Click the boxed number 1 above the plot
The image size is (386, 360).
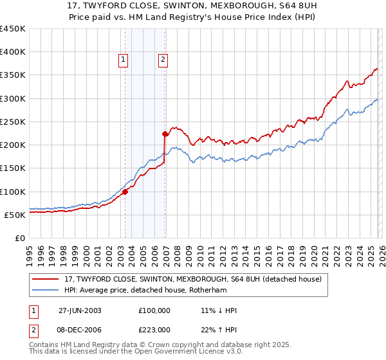click(x=123, y=60)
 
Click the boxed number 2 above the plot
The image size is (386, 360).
click(x=163, y=60)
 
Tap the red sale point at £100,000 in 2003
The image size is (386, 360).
click(x=125, y=191)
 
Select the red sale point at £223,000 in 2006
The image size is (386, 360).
click(x=165, y=134)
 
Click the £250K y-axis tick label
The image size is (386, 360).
click(x=13, y=122)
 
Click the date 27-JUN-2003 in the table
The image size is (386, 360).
click(x=80, y=310)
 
